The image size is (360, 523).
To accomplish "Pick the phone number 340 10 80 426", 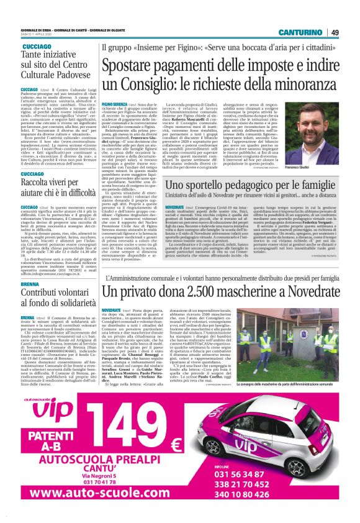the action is click(302, 494).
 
